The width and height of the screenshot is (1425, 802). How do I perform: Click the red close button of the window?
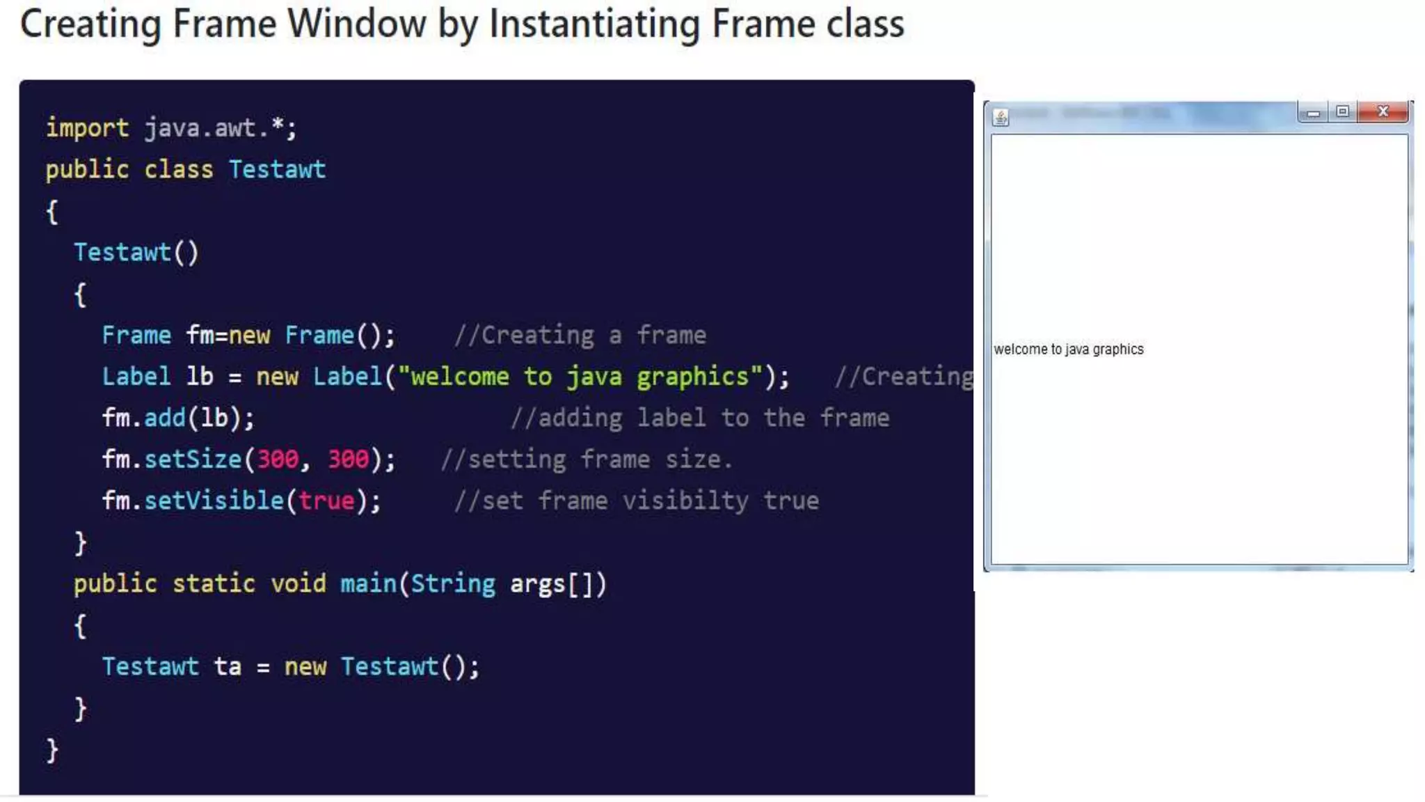point(1383,111)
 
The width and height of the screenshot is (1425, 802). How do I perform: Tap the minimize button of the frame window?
point(1313,112)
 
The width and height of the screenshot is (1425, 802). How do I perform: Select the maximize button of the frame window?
point(1342,111)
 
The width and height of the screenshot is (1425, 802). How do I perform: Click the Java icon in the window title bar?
point(1001,118)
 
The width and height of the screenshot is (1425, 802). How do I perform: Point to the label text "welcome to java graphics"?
point(1068,349)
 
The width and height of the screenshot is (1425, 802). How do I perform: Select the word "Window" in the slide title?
point(356,24)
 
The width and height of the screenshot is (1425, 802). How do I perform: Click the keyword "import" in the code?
point(87,128)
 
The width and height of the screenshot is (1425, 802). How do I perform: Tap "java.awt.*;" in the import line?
point(221,128)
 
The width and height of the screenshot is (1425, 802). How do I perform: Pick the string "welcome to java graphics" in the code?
point(580,377)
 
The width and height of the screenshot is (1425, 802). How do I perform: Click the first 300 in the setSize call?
point(278,459)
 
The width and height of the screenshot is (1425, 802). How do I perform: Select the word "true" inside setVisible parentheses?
point(326,501)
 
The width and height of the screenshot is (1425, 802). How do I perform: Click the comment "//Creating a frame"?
point(580,336)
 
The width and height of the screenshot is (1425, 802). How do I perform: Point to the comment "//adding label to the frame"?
point(699,418)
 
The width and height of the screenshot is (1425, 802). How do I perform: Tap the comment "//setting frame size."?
point(586,459)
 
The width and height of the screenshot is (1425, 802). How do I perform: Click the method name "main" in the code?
point(368,583)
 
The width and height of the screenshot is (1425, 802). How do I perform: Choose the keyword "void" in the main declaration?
point(298,583)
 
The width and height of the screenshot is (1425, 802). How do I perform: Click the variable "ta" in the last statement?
point(228,666)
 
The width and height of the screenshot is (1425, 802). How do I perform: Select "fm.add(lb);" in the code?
point(178,418)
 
